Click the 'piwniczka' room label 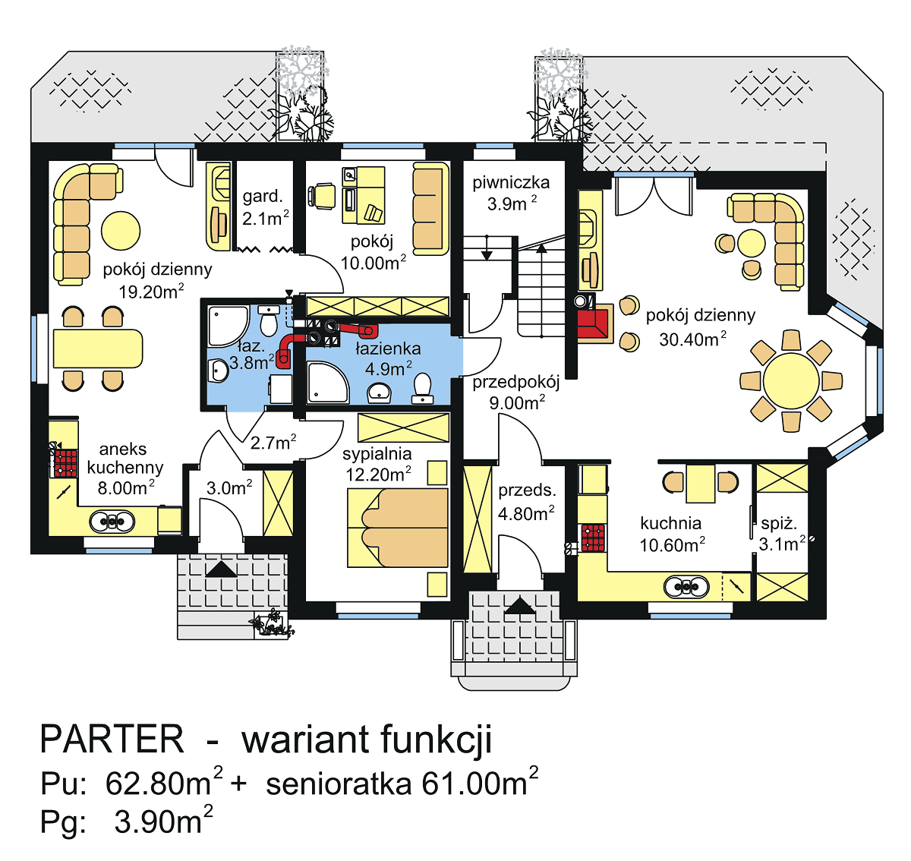[x=511, y=182]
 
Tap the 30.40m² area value [x=692, y=339]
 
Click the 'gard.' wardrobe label [x=263, y=197]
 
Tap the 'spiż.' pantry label [x=779, y=524]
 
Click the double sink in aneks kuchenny [x=112, y=522]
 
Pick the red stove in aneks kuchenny [x=65, y=462]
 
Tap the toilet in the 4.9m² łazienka [x=422, y=389]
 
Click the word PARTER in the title [x=112, y=739]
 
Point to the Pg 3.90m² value [x=162, y=822]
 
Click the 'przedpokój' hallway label [x=515, y=382]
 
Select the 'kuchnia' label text [x=670, y=523]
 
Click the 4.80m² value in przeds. [x=526, y=514]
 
